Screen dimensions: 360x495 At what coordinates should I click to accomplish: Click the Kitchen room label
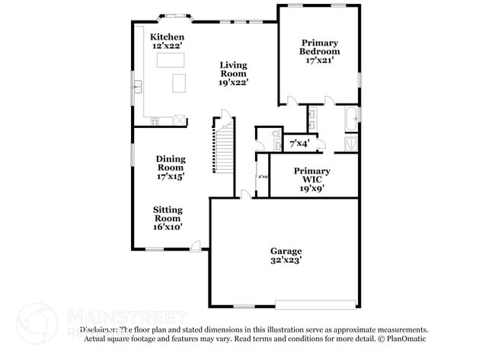tap(167, 37)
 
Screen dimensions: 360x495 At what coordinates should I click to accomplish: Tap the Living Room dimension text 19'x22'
tap(234, 82)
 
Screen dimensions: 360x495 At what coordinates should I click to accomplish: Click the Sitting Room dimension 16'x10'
tap(168, 226)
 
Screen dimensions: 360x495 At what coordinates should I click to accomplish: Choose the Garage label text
tap(286, 251)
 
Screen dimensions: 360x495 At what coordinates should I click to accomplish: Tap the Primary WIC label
tap(312, 176)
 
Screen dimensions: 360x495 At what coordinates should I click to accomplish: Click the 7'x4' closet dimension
tap(299, 143)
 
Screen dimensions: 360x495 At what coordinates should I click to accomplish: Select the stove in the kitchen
tap(155, 120)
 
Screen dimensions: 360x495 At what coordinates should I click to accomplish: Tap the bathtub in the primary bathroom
tap(351, 119)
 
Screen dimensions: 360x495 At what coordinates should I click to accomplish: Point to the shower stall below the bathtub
tap(351, 143)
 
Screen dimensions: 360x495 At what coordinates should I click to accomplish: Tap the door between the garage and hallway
tap(244, 195)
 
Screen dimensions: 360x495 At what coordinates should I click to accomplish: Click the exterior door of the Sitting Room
tap(196, 247)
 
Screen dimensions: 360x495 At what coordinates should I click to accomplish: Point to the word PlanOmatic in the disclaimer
tap(406, 339)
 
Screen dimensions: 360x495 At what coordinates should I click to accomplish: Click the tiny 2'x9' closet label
tap(263, 177)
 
